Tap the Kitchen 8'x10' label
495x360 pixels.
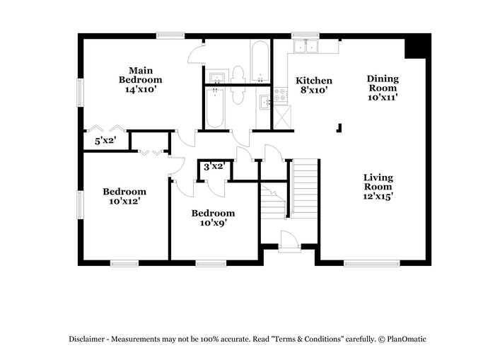313,86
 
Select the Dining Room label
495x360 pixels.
383,88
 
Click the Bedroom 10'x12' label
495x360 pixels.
124,196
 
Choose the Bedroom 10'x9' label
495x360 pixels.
213,217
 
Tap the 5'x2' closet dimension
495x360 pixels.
105,141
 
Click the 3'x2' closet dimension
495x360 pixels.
214,167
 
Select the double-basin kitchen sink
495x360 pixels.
307,47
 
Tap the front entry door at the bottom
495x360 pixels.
288,243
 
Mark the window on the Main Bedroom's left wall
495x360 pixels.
80,91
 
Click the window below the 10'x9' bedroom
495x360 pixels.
211,263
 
